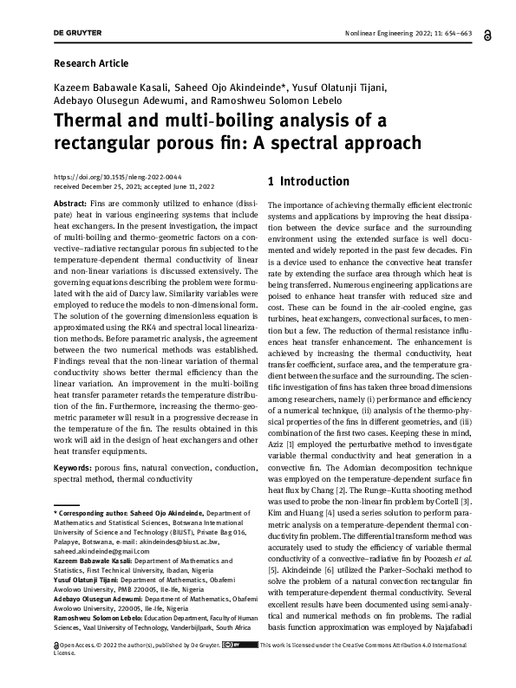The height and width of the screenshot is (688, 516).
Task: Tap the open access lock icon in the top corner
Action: (467, 33)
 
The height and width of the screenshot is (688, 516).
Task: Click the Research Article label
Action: (91, 63)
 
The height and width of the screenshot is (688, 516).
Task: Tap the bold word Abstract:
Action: (70, 202)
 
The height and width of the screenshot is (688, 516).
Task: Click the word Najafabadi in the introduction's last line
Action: (442, 650)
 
